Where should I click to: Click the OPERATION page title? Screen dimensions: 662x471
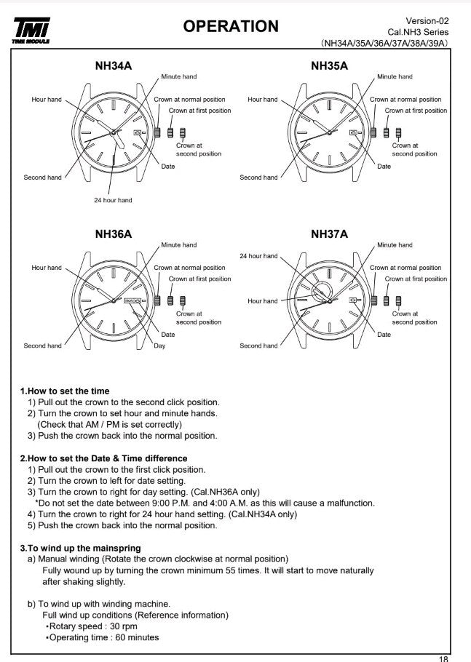230,26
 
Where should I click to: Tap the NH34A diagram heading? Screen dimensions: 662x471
113,66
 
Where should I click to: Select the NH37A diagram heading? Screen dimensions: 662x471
329,234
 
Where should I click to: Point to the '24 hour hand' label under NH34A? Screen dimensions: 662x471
113,200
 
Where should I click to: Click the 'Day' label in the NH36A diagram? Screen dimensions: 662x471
159,346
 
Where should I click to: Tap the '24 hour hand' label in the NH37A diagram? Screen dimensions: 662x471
258,256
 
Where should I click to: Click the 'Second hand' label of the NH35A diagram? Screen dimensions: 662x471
258,178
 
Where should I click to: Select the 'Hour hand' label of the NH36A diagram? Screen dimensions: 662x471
47,268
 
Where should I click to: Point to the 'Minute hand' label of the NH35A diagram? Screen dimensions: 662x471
395,76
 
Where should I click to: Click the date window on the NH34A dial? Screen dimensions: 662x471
138,132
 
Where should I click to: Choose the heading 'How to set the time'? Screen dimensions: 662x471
65,391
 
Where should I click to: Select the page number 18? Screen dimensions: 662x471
444,658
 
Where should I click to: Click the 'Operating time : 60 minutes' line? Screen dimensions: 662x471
103,638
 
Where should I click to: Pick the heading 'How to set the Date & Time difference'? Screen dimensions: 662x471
103,458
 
